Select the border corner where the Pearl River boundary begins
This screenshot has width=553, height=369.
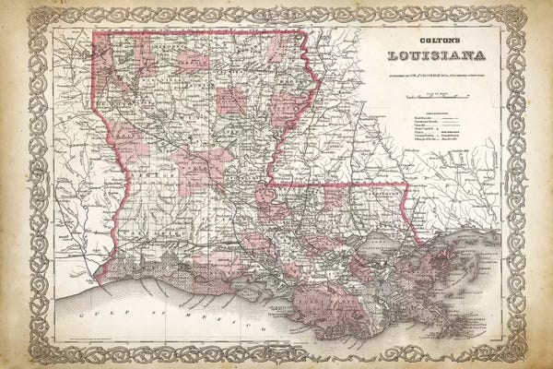406,184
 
